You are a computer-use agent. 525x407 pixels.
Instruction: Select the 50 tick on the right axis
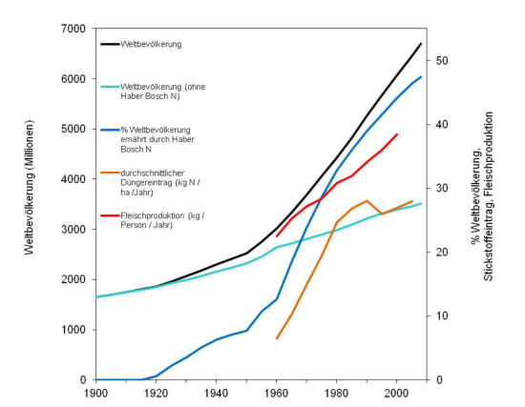(442, 61)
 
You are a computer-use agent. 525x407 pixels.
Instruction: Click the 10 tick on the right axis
(442, 315)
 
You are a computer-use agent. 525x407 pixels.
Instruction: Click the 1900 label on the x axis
(95, 392)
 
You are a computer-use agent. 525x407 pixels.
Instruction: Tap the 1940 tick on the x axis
(217, 392)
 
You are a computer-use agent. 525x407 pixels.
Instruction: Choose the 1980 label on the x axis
(337, 392)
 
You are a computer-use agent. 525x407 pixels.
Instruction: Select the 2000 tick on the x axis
(397, 392)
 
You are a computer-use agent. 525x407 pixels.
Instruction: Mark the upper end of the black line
(421, 44)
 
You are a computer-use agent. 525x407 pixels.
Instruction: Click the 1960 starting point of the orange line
(277, 338)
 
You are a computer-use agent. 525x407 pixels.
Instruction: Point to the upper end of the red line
(397, 134)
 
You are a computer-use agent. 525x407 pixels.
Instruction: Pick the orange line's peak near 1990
(367, 201)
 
